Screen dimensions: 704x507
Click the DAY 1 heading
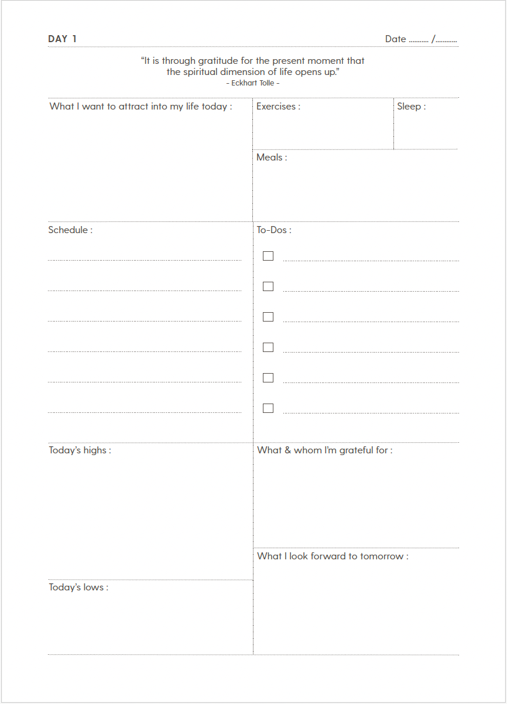point(62,39)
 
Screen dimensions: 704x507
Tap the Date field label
point(395,39)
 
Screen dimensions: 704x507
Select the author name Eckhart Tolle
point(253,83)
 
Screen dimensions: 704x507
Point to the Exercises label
point(278,107)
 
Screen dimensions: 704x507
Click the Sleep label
point(411,107)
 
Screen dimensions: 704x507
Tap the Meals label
point(272,158)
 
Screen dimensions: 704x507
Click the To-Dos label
point(273,230)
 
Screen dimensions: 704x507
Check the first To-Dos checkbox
point(268,256)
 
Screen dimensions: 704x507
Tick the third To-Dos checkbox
point(268,317)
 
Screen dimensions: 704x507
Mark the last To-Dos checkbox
point(268,408)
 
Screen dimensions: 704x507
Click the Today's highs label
point(80,450)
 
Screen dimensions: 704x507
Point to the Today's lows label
point(78,587)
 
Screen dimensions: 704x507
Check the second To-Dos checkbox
point(268,286)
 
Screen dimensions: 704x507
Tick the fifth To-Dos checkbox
point(268,378)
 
